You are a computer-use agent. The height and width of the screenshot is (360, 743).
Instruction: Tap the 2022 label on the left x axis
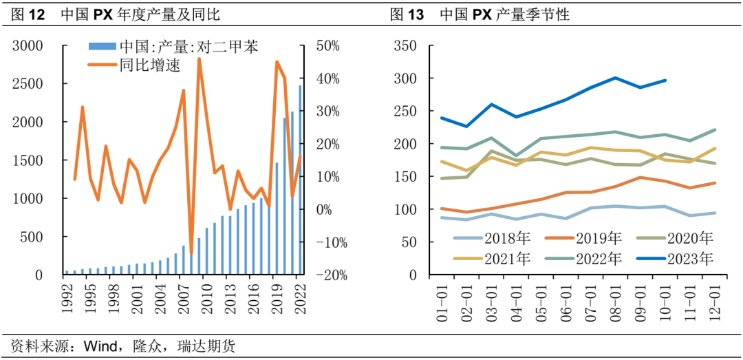click(x=297, y=297)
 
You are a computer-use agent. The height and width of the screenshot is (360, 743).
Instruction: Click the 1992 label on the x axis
click(x=67, y=297)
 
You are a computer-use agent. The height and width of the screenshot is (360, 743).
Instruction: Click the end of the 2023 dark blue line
click(x=665, y=81)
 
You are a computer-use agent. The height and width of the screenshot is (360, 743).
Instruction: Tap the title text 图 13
click(x=406, y=14)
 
